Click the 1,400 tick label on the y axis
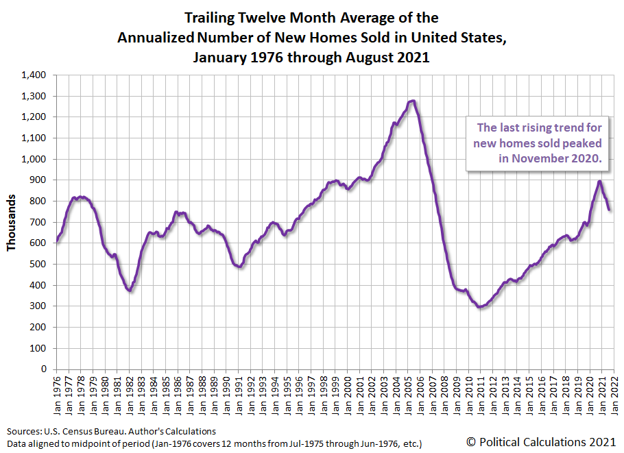pyautogui.click(x=33, y=75)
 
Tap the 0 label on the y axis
pyautogui.click(x=43, y=369)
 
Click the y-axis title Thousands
pyautogui.click(x=12, y=222)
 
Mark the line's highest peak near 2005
pyautogui.click(x=412, y=101)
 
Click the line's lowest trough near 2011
pyautogui.click(x=480, y=307)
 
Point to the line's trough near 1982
pyautogui.click(x=130, y=291)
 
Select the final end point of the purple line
pyautogui.click(x=610, y=210)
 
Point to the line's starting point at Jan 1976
pyautogui.click(x=56, y=241)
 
